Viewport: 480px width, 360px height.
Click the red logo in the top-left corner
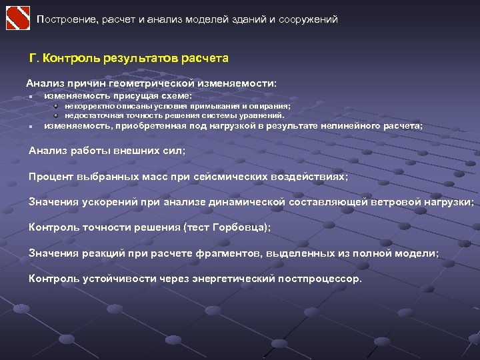click(18, 18)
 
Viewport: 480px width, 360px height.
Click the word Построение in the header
click(67, 19)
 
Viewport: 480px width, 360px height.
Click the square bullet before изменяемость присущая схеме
click(31, 97)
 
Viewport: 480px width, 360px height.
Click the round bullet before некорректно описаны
click(57, 106)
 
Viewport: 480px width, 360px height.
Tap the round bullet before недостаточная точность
click(57, 115)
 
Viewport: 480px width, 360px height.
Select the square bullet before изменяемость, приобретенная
click(31, 125)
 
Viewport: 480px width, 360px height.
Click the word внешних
click(134, 151)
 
